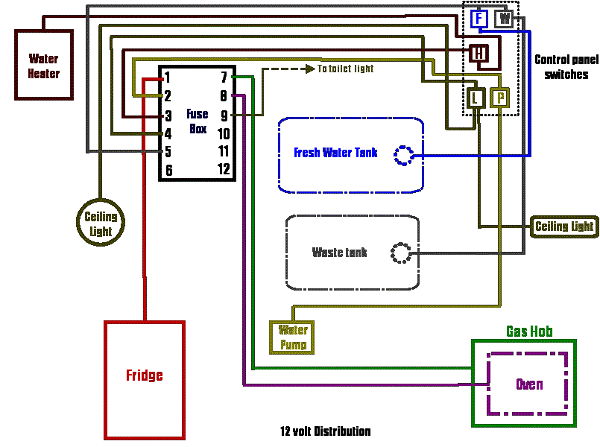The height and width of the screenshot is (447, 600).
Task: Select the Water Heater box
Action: pyautogui.click(x=44, y=66)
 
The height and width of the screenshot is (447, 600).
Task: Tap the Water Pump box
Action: pyautogui.click(x=293, y=337)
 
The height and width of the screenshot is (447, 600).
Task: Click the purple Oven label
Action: pyautogui.click(x=529, y=384)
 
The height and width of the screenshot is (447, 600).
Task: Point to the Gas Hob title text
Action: pyautogui.click(x=529, y=332)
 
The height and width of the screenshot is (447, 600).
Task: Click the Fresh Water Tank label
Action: pyautogui.click(x=335, y=153)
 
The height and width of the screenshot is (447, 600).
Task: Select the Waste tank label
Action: pyautogui.click(x=339, y=253)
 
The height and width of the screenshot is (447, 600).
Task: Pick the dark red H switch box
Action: pyautogui.click(x=479, y=53)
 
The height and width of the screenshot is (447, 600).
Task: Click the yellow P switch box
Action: pyautogui.click(x=500, y=97)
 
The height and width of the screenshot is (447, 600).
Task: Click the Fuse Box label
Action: pyautogui.click(x=198, y=121)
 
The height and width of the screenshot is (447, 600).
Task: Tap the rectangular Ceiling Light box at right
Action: pyautogui.click(x=564, y=226)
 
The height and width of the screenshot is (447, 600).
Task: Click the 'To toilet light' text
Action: pyautogui.click(x=345, y=69)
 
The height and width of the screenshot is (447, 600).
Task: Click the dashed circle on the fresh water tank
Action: pyautogui.click(x=404, y=155)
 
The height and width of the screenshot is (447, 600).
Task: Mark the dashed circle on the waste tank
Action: pyautogui.click(x=400, y=253)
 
